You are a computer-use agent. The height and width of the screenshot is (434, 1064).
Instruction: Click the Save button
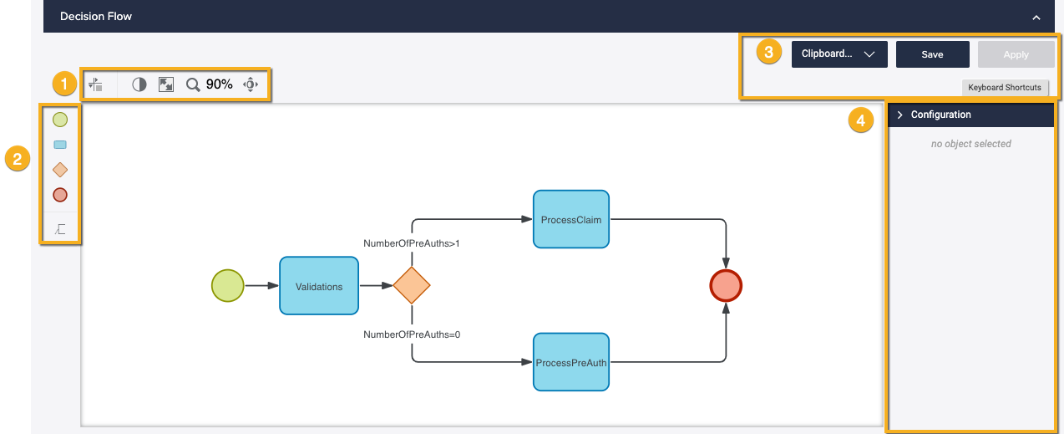[932, 54]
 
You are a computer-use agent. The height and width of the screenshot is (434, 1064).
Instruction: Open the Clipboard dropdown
[839, 54]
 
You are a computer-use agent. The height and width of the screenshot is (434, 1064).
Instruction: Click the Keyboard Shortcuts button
[1004, 87]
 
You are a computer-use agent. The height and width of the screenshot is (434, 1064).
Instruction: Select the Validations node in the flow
[318, 286]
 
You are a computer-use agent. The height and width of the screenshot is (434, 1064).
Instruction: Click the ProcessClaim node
[570, 219]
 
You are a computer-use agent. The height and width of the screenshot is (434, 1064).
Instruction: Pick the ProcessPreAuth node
[570, 362]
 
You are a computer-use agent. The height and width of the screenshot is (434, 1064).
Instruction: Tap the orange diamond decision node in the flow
[411, 286]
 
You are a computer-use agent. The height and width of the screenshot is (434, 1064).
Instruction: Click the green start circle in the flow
[227, 286]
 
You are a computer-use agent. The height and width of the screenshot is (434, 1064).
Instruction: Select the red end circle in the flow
[725, 286]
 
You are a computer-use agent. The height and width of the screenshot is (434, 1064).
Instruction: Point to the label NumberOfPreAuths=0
[412, 334]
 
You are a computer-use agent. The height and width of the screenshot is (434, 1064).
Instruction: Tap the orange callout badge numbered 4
[860, 120]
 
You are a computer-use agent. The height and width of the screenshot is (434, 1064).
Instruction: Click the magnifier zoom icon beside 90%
[193, 84]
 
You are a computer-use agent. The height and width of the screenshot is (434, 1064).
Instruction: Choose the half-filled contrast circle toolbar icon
[139, 84]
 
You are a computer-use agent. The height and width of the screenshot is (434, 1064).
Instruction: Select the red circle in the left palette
[60, 195]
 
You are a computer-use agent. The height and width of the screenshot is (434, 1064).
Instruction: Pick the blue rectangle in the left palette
[60, 145]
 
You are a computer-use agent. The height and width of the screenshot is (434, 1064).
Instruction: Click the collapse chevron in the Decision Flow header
[1036, 17]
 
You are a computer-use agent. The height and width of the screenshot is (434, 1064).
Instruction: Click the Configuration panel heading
[940, 115]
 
